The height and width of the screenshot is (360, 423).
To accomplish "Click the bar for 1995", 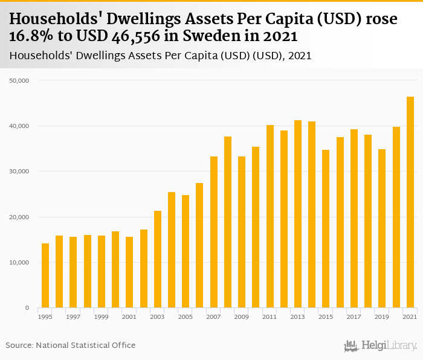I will [45, 275].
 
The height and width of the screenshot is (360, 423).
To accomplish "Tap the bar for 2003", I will [158, 259].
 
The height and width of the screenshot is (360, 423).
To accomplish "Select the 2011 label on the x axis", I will [270, 317].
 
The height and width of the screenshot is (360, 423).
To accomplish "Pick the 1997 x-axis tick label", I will [73, 317].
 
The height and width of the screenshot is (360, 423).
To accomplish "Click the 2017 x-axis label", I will [354, 317].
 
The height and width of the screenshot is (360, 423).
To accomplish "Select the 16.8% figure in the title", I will [31, 36].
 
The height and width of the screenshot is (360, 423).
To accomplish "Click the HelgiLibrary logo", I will [380, 346].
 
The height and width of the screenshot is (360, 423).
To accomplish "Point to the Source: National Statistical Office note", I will [71, 345].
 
